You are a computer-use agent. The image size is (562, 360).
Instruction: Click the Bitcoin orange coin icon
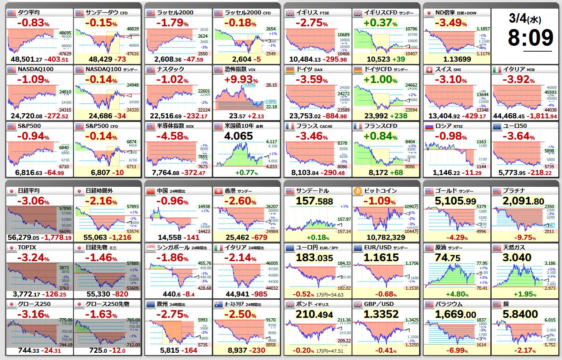tap(358, 191)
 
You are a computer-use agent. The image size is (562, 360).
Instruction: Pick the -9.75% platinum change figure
tap(523, 237)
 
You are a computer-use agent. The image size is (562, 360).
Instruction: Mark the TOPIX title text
tap(28, 248)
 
